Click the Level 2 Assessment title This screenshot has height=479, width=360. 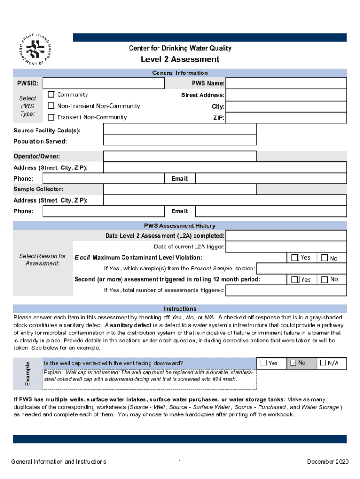coord(180,59)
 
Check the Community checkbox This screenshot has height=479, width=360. coord(51,95)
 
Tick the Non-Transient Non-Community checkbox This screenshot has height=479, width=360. coord(51,106)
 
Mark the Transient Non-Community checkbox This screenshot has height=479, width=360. coord(51,117)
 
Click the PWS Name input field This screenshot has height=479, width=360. coord(286,83)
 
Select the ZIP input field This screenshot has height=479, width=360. coord(286,118)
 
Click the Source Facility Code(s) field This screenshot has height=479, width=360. coord(180,129)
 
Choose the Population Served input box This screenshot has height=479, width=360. coord(180,140)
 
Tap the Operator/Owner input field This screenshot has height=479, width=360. coord(180,156)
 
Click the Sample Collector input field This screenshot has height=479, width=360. coord(180,189)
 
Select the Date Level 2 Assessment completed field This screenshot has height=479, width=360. coord(286,236)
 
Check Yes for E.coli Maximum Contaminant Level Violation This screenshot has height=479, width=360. coord(295,258)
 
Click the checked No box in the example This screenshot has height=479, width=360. coord(293,363)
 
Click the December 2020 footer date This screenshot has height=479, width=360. coord(328,462)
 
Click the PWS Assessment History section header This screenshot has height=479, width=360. coord(180,225)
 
